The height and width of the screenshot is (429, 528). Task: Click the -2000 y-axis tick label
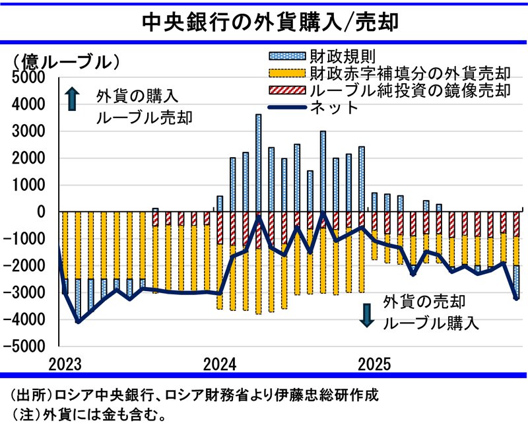28,265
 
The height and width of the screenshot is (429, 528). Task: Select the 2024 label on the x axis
220,364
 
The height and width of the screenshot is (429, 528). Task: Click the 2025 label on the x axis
376,364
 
